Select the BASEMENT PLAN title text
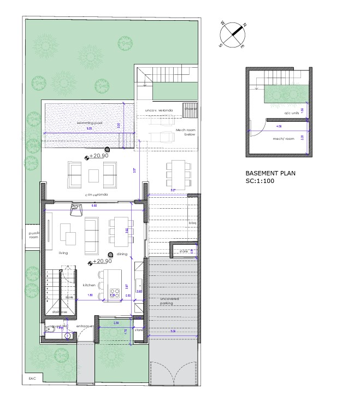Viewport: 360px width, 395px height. tap(270, 173)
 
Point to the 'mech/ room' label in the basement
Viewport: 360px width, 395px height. tap(284, 139)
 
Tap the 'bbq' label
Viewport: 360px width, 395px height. tap(192, 223)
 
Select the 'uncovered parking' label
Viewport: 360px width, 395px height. tap(170, 301)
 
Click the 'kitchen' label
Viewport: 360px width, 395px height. tap(90, 285)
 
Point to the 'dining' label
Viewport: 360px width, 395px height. tap(121, 254)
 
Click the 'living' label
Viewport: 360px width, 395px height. tap(63, 253)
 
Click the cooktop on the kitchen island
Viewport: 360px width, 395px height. tap(115, 291)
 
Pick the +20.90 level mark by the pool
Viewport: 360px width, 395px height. tap(99, 156)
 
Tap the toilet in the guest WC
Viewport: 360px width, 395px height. tap(51, 329)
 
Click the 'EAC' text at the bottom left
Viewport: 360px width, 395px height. tap(32, 378)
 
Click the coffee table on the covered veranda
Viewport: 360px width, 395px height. tap(93, 175)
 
